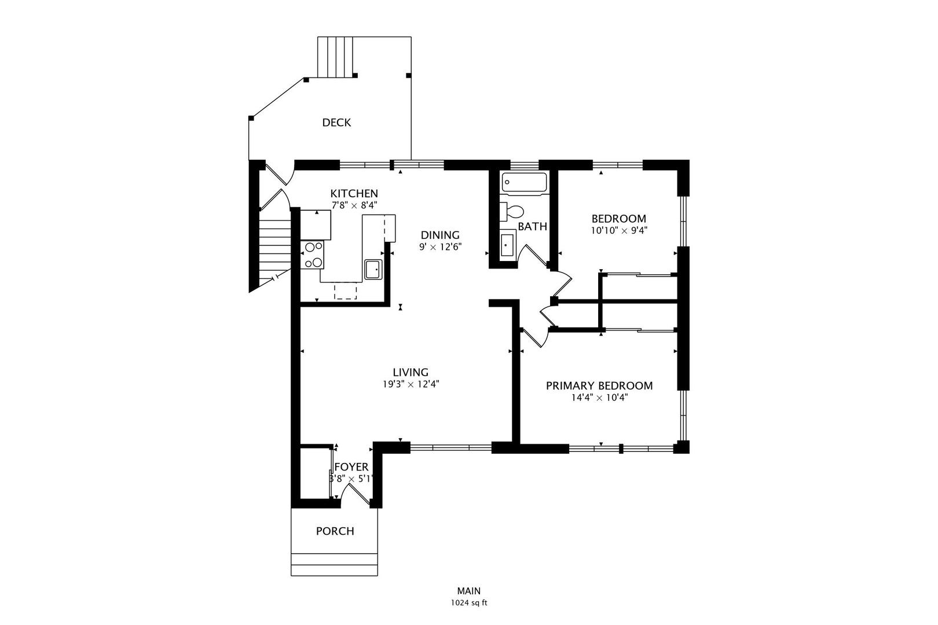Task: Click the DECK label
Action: (x=336, y=123)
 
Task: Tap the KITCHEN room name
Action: (x=354, y=194)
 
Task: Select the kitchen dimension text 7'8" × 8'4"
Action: (x=354, y=205)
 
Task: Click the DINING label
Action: (x=440, y=235)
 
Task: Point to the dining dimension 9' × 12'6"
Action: (x=440, y=247)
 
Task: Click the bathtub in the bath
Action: (x=524, y=182)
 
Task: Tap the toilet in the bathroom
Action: (x=512, y=211)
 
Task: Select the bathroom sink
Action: (x=508, y=244)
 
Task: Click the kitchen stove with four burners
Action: (x=313, y=255)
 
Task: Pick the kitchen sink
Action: (x=373, y=269)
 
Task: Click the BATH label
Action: (x=532, y=226)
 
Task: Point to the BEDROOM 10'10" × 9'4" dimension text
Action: (x=618, y=230)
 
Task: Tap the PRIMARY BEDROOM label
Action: (x=599, y=386)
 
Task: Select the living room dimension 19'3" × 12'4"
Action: (x=411, y=384)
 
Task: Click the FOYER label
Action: (x=351, y=467)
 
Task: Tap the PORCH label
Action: (x=335, y=531)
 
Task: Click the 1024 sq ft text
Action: (x=469, y=602)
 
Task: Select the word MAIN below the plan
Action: (x=469, y=591)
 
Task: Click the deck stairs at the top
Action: (x=335, y=57)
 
